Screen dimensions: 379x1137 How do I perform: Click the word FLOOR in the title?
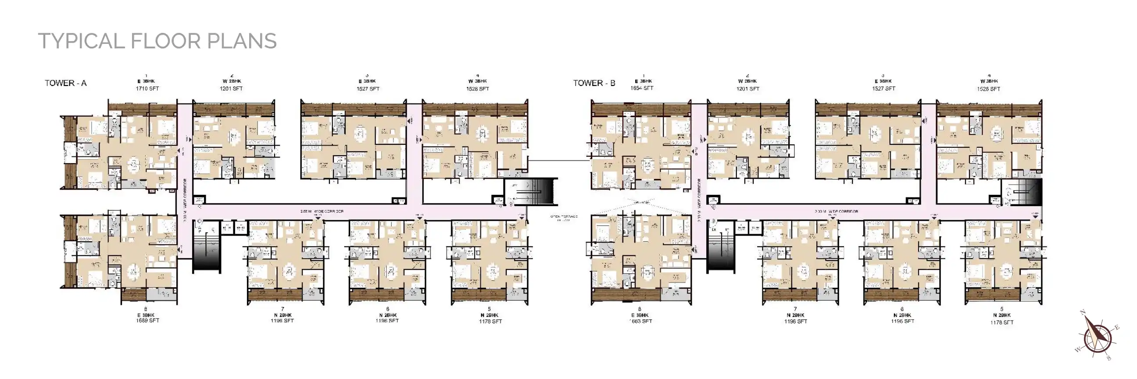tap(165, 41)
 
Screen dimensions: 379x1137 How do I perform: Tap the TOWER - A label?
tap(66, 83)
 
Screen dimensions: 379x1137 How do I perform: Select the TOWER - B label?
tap(594, 83)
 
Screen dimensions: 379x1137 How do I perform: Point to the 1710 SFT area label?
tap(147, 89)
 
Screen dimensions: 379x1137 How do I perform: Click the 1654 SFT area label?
tap(642, 88)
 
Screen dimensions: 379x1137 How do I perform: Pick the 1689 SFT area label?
tap(147, 321)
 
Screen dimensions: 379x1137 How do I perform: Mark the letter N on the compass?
tap(1083, 312)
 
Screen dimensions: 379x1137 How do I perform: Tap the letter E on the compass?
tap(1117, 327)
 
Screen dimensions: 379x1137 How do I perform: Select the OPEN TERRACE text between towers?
tap(564, 217)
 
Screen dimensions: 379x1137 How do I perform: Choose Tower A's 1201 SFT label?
tap(231, 89)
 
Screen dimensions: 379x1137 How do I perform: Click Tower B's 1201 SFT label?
tap(748, 89)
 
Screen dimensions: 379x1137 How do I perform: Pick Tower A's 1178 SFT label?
tap(490, 322)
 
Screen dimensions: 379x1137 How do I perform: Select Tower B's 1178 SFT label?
tap(1002, 322)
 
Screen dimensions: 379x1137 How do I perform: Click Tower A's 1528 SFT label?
tap(478, 89)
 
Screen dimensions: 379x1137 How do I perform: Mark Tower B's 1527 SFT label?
tap(883, 89)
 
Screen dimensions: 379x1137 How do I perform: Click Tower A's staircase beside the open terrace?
tap(536, 192)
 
